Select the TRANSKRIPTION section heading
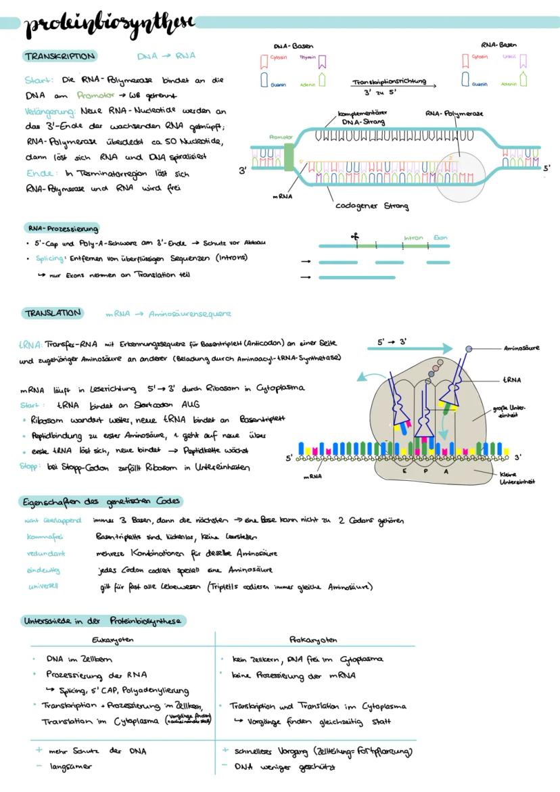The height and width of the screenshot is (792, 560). [x=60, y=56]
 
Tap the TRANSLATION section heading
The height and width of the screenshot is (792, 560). [x=53, y=313]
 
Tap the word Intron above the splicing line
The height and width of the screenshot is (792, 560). [x=413, y=237]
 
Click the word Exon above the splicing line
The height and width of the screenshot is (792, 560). [x=440, y=237]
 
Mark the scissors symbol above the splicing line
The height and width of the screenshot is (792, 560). [x=354, y=237]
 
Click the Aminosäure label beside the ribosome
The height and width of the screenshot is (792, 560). [x=521, y=349]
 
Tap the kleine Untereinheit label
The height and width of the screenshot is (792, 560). [x=517, y=478]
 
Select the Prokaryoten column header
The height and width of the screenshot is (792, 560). [x=313, y=639]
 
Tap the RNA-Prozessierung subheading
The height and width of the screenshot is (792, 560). [x=63, y=228]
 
